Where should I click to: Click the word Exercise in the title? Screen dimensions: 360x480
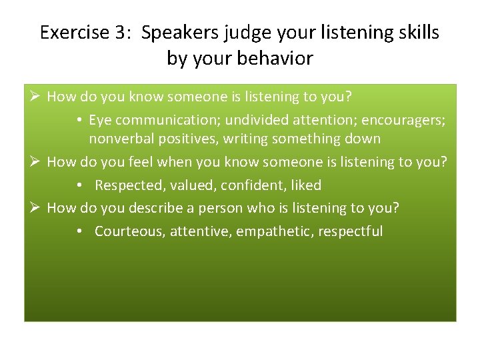(x=73, y=33)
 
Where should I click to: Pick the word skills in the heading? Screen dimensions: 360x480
(x=416, y=33)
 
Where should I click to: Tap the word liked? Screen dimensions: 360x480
(x=306, y=185)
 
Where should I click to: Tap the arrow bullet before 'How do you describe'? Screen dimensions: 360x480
(x=35, y=208)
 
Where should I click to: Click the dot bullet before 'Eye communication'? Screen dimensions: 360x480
(x=79, y=121)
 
